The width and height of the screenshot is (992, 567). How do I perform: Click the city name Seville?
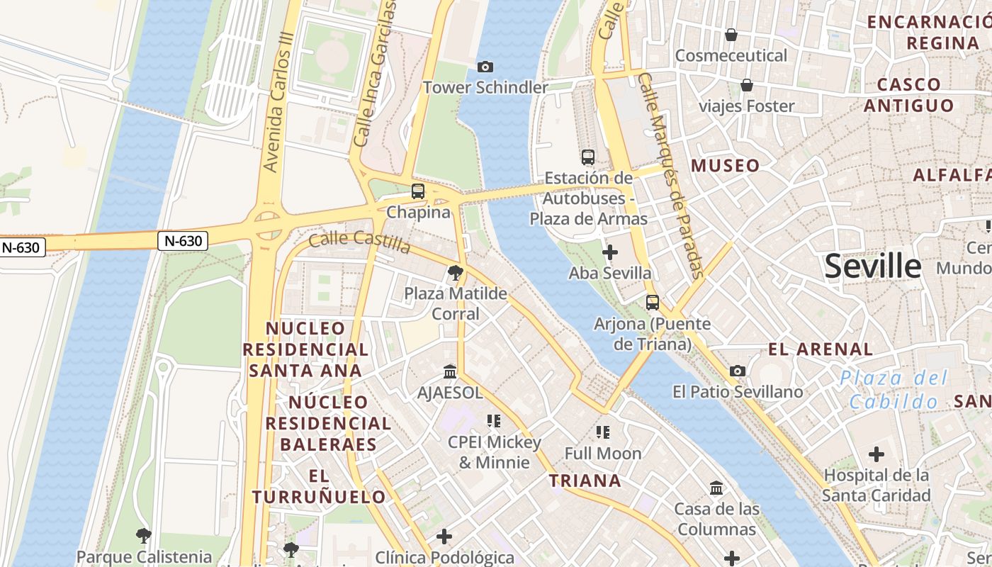(x=873, y=266)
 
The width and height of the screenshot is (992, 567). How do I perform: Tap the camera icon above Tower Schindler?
(x=485, y=67)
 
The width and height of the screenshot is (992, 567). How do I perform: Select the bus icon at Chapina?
(x=418, y=191)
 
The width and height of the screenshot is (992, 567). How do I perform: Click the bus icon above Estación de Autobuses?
(x=588, y=157)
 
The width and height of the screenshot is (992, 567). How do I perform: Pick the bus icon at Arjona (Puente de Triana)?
(x=653, y=303)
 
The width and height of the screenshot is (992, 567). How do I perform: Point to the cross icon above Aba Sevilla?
(x=609, y=252)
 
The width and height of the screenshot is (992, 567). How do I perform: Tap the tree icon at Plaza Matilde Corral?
(x=456, y=272)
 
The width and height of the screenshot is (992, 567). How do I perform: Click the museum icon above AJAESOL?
(x=450, y=371)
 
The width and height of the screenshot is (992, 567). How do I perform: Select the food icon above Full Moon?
(x=603, y=432)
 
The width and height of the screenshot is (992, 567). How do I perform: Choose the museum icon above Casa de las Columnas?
(x=716, y=488)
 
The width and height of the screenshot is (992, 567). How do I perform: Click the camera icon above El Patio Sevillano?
(x=738, y=371)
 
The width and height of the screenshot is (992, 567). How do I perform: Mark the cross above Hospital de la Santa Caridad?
(x=877, y=454)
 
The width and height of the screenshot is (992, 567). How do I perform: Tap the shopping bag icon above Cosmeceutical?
(x=731, y=35)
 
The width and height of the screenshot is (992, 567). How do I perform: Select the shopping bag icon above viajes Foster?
(x=747, y=86)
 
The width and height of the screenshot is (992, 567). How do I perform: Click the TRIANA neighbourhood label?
(x=585, y=481)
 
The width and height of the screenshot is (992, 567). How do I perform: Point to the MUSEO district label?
(x=725, y=166)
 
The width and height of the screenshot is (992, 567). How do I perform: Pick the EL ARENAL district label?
(x=821, y=349)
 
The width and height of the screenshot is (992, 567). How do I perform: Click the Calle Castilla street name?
(x=359, y=242)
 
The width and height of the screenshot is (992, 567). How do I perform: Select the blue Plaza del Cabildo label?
(x=894, y=389)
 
